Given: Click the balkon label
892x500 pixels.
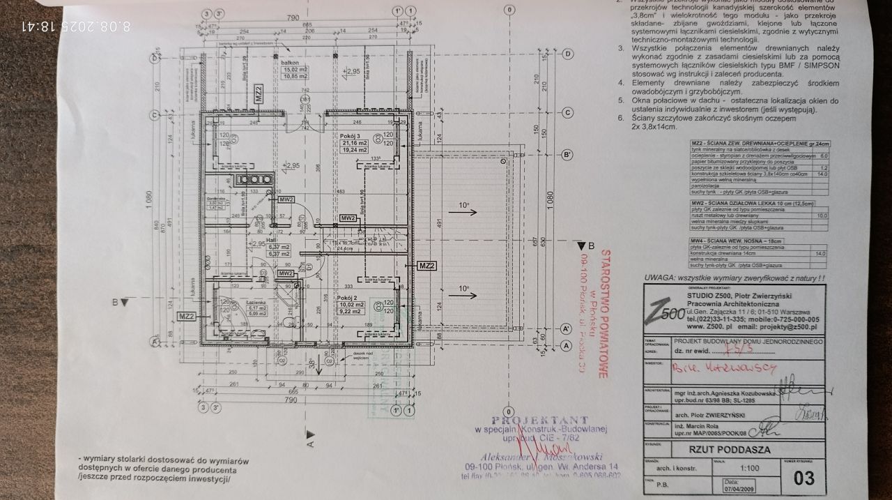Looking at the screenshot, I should click(x=289, y=62).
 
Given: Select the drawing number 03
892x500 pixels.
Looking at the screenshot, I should click(x=803, y=477).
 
